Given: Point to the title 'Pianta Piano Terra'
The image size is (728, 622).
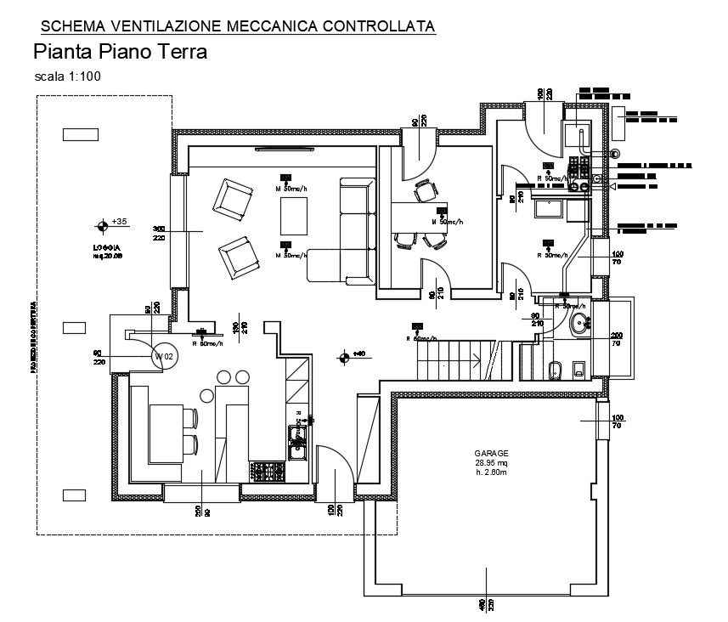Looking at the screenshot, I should pos(120,52).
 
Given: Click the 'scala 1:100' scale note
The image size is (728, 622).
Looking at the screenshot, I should pos(68,77).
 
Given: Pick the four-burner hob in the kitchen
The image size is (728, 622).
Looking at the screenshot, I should pos(268,469).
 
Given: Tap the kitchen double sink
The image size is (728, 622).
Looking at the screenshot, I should pos(298,437).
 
